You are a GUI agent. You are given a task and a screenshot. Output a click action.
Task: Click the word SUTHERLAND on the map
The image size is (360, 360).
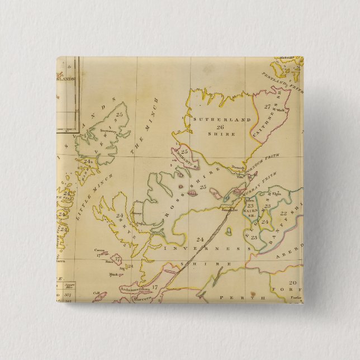point(214,120)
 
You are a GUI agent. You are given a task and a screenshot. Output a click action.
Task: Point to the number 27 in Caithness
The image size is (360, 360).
point(267,106)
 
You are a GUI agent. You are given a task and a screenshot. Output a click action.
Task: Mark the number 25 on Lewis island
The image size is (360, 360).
point(118,115)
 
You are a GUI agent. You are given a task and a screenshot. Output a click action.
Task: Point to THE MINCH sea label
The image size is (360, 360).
point(145,126)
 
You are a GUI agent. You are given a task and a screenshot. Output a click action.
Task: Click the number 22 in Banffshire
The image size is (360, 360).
point(283,213)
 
